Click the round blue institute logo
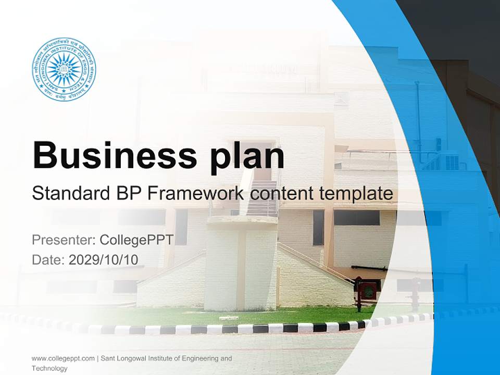[64, 69]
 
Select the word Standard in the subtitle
[69, 194]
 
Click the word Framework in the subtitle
[196, 194]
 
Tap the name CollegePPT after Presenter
[136, 240]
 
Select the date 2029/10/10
[104, 259]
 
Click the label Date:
[48, 259]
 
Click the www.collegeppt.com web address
[63, 358]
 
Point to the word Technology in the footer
[49, 368]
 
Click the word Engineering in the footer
[200, 358]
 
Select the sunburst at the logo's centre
[64, 69]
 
